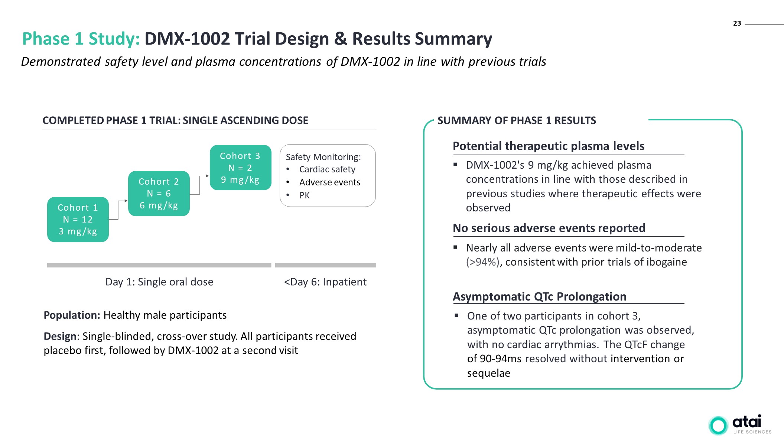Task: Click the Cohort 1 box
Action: click(78, 220)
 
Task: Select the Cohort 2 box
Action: click(159, 194)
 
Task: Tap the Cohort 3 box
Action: click(240, 168)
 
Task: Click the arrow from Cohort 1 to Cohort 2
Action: click(118, 210)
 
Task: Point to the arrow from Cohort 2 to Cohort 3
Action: click(200, 185)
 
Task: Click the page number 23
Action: click(737, 23)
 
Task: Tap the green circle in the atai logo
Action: click(718, 425)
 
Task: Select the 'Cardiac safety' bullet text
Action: click(327, 169)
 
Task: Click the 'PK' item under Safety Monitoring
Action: click(305, 195)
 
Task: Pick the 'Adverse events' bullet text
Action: click(330, 182)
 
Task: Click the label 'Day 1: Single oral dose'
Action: click(159, 282)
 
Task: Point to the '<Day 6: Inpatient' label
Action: click(325, 282)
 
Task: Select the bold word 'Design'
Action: click(60, 336)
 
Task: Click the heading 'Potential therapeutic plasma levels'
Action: click(549, 146)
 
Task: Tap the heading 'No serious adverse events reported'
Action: click(549, 228)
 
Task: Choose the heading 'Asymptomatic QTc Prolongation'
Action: click(539, 296)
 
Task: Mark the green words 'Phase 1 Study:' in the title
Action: click(81, 39)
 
